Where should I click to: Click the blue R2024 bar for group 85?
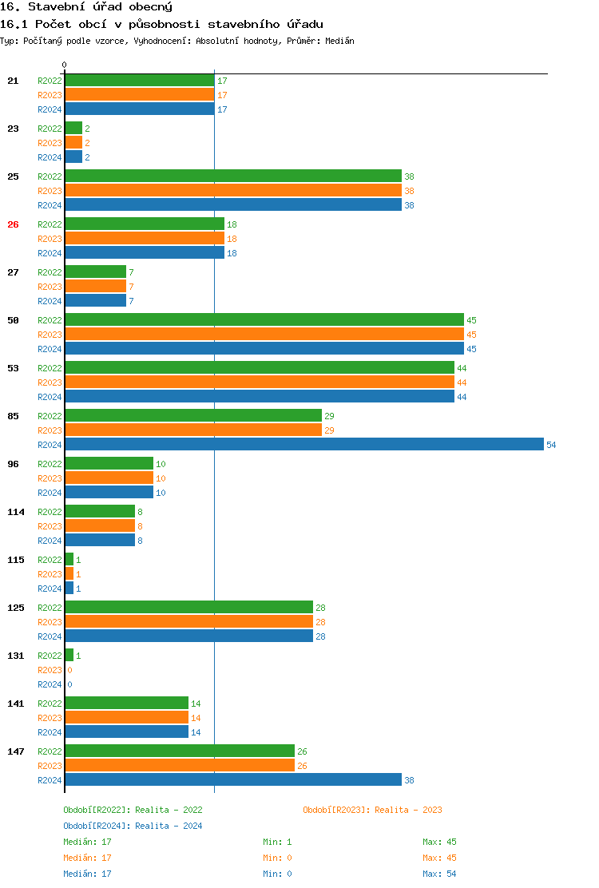[x=303, y=444]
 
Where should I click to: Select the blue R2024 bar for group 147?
[x=232, y=779]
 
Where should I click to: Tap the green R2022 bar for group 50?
[x=264, y=319]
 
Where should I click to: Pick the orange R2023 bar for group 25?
[x=232, y=190]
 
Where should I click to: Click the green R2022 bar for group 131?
[x=69, y=655]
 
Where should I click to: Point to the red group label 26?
[x=13, y=224]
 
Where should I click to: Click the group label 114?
[x=16, y=512]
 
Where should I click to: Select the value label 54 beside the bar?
[x=551, y=445]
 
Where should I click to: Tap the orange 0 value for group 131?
[x=69, y=670]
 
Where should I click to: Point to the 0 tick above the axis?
[x=65, y=65]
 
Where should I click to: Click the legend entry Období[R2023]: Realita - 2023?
[x=372, y=810]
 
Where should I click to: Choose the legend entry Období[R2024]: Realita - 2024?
[x=133, y=826]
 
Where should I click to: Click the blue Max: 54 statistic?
[x=439, y=874]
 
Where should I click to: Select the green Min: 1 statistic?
[x=277, y=842]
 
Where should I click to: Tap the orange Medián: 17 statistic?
[x=87, y=858]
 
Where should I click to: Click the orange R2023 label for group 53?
[x=50, y=383]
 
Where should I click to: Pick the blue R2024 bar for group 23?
[x=73, y=157]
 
